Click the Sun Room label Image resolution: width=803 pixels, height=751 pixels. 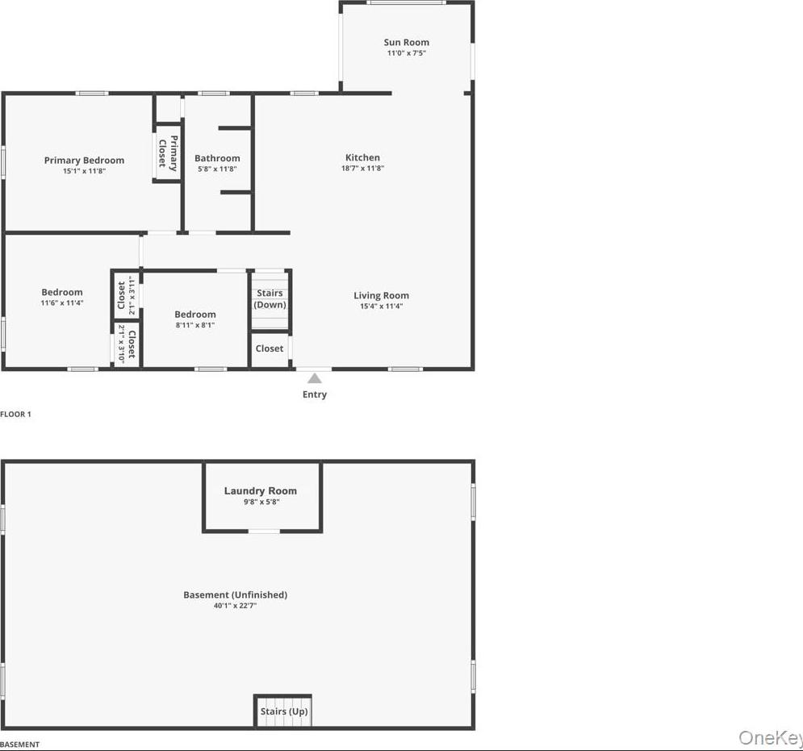pos(406,43)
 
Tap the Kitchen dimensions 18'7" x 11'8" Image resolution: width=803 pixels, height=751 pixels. pos(362,169)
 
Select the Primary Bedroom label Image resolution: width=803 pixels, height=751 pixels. pos(84,161)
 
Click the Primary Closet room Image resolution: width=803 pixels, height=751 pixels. pos(168,152)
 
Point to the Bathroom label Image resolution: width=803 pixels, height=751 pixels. pos(217,158)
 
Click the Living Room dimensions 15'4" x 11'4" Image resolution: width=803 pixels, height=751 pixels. pos(381,307)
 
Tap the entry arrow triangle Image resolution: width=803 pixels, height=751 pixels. pos(315,378)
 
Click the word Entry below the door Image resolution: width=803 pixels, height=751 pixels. pos(315,394)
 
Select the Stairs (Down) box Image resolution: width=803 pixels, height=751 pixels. pos(270,299)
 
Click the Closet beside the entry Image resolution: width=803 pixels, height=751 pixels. pos(270,348)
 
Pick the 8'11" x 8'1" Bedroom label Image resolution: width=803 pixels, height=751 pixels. pos(195,315)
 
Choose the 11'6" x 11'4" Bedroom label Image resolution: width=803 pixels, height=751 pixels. pos(62,293)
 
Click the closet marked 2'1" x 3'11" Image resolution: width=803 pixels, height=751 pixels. pos(126,294)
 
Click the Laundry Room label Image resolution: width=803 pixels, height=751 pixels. pos(260,490)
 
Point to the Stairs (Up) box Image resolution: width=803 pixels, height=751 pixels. pos(282,711)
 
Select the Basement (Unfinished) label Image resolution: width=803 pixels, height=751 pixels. pos(235,595)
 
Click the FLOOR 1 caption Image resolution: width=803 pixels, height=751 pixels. pos(15,414)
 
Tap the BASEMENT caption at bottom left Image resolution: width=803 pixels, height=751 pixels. pos(19,745)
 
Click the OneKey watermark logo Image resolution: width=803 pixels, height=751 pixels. pos(770,738)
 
